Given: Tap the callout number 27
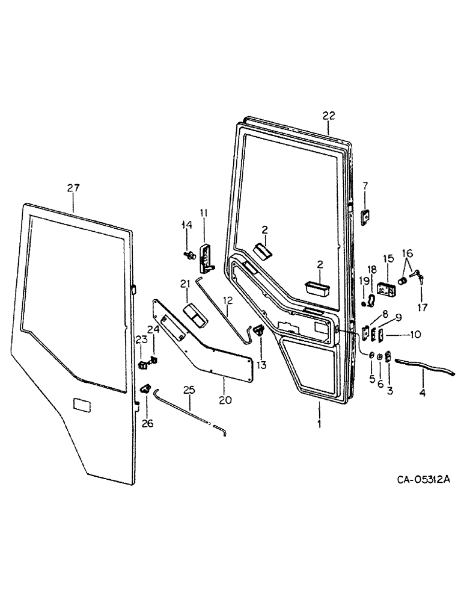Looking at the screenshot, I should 73,188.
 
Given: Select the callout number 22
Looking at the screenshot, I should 329,116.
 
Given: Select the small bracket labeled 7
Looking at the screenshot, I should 365,216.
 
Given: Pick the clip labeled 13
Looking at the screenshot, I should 260,329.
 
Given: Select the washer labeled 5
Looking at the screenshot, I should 371,356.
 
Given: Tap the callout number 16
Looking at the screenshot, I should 408,253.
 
